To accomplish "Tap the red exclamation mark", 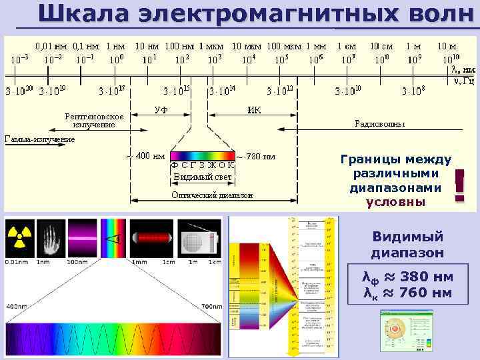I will click(x=459, y=185).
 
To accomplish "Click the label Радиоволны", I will click(x=379, y=124).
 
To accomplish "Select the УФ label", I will click(x=161, y=110).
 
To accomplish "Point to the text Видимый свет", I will click(x=203, y=177).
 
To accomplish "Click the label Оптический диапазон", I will click(x=212, y=195).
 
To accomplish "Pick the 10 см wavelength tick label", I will click(x=381, y=47).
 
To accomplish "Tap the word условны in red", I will click(x=396, y=202).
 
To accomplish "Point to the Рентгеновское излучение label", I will click(x=93, y=120).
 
